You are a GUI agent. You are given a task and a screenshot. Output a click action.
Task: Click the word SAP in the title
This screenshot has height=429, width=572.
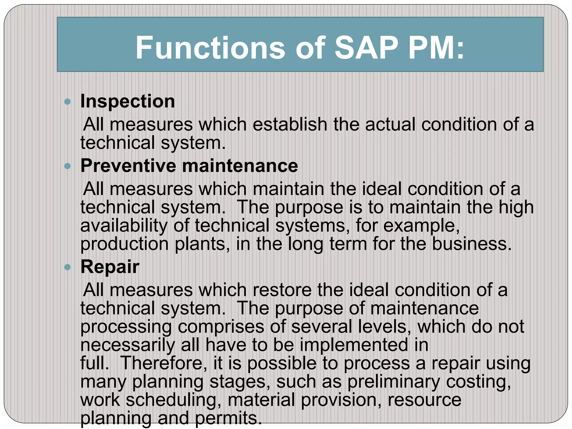(x=366, y=48)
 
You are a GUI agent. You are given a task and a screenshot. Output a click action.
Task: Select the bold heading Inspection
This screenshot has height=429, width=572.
(x=128, y=101)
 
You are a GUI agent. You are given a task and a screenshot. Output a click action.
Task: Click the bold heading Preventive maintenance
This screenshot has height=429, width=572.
(x=189, y=166)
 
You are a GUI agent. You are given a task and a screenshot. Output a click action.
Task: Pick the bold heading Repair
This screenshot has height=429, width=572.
(x=110, y=267)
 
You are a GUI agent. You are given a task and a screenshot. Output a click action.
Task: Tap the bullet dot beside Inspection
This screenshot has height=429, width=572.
(x=67, y=102)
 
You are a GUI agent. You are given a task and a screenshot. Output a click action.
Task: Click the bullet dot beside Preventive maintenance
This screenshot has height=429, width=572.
(x=67, y=166)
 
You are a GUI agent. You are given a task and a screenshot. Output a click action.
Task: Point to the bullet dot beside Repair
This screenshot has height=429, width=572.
(x=67, y=268)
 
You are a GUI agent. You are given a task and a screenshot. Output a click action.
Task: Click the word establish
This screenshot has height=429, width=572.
(x=290, y=124)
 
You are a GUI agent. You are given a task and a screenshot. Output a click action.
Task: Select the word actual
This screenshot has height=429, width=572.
(x=390, y=124)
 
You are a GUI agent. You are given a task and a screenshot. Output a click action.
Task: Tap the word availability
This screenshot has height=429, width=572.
(x=124, y=226)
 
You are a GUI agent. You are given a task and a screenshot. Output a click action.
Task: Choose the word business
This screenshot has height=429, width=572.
(x=472, y=244)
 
